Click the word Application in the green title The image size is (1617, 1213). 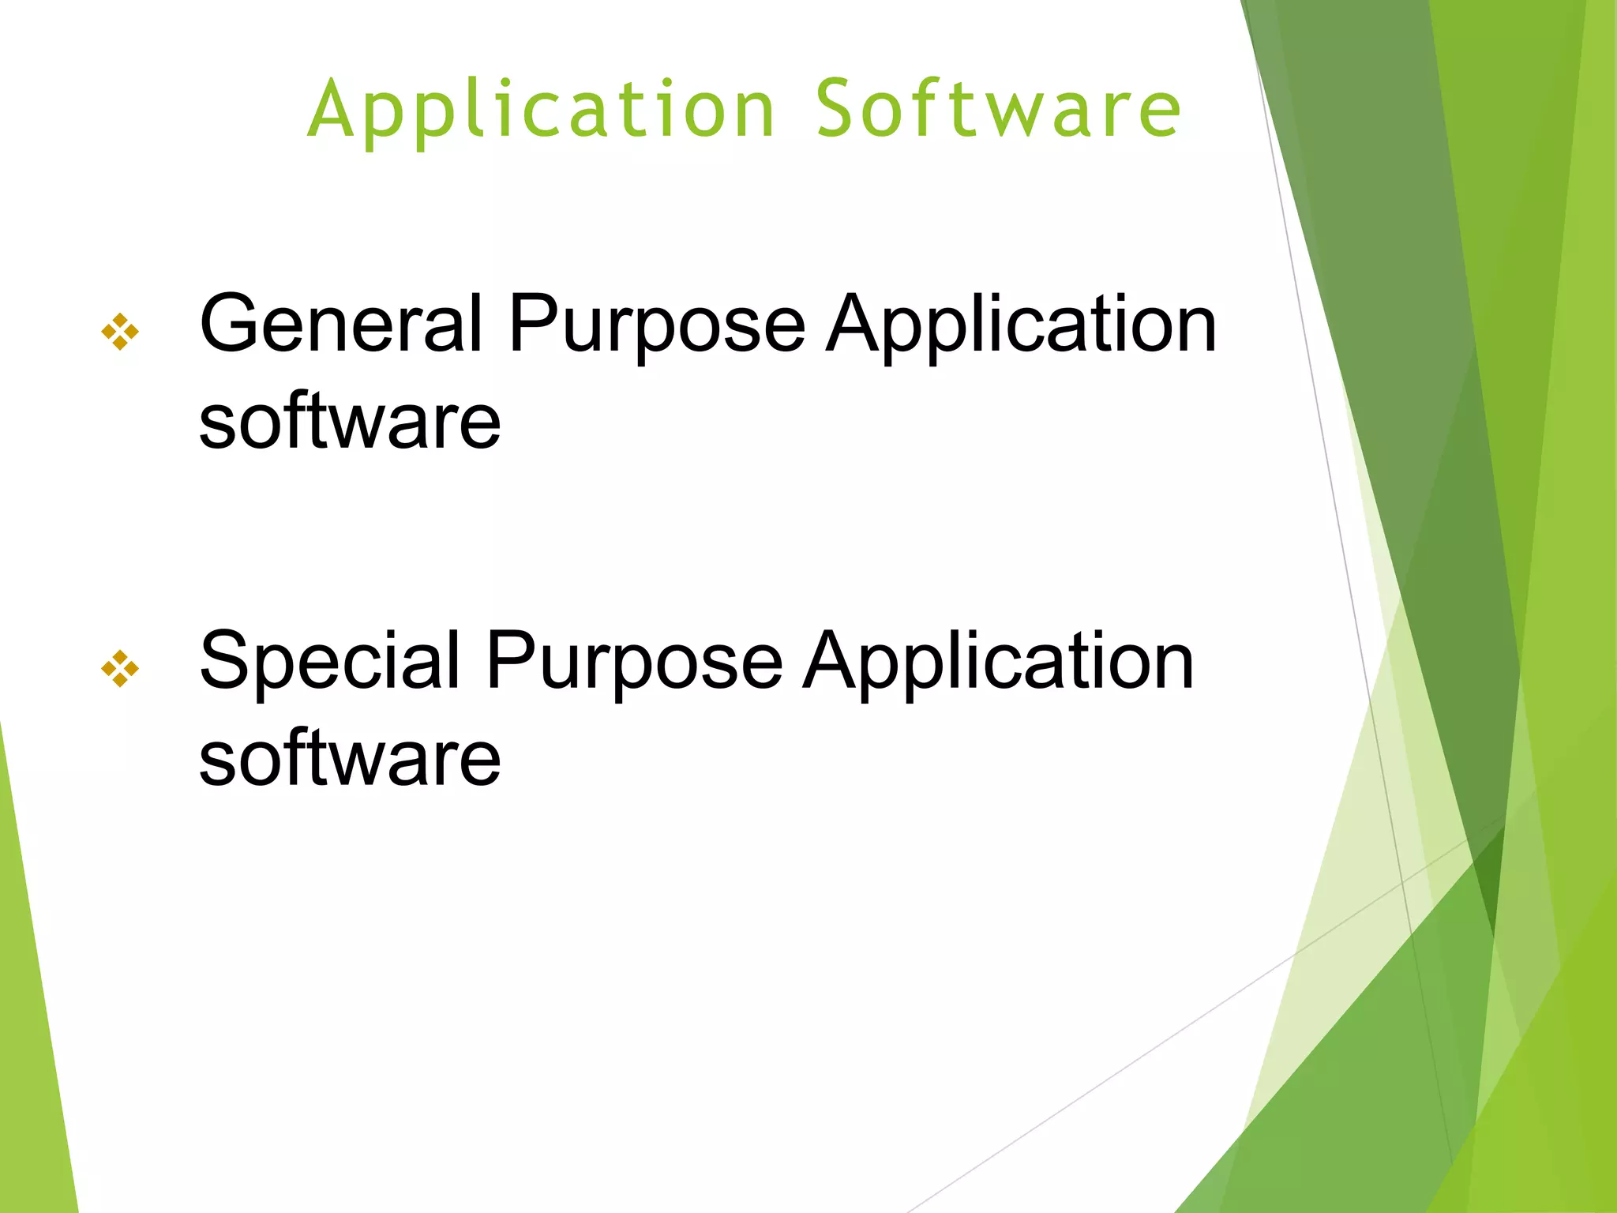click(542, 111)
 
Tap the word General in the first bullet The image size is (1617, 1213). click(340, 324)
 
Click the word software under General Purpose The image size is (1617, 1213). click(350, 422)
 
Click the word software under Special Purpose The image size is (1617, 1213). click(350, 759)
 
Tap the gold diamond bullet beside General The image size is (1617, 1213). click(120, 332)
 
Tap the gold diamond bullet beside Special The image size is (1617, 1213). click(120, 669)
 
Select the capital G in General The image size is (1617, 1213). click(231, 324)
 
